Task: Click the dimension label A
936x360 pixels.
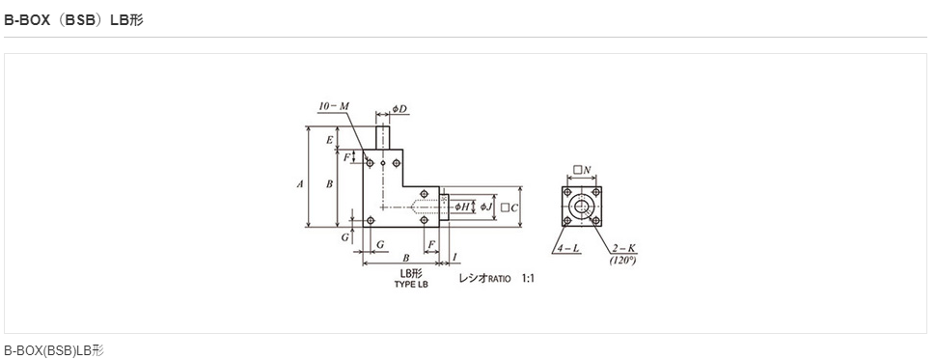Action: point(300,184)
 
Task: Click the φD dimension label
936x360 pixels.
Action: point(399,109)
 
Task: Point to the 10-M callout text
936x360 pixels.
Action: point(334,106)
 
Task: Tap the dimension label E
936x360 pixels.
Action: point(329,140)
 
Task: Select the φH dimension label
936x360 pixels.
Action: point(462,207)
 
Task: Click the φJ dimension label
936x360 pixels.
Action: point(487,207)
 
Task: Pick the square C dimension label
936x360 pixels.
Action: point(509,208)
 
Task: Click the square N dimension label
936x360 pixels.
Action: point(582,170)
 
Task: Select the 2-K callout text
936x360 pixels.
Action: point(623,249)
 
